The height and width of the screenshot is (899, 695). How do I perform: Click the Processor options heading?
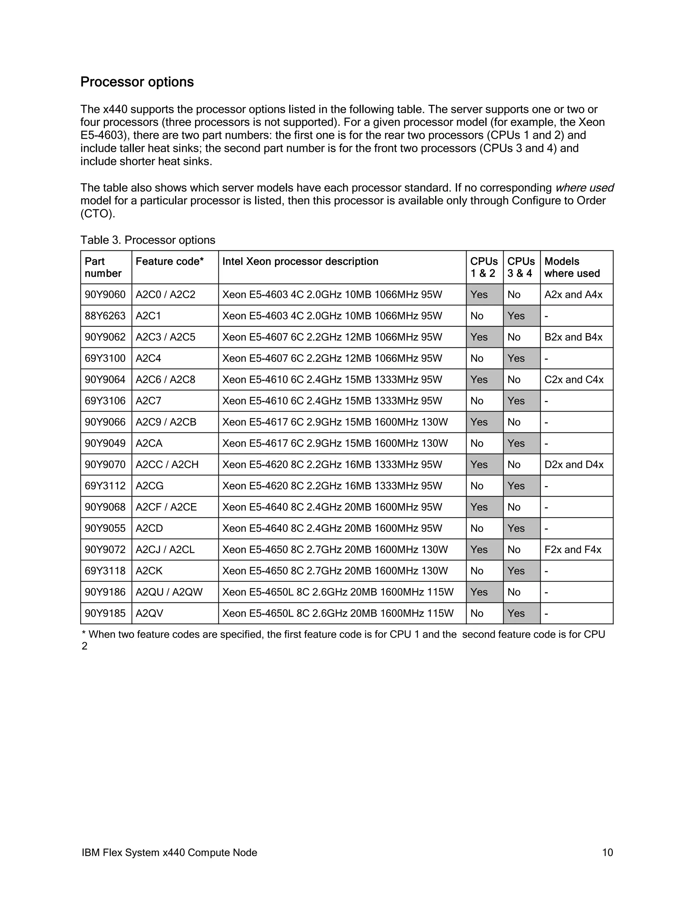(137, 82)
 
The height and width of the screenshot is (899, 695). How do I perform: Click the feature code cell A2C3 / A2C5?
(166, 337)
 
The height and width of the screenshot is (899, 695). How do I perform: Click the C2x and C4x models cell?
(574, 380)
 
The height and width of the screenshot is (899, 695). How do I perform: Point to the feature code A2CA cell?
(149, 443)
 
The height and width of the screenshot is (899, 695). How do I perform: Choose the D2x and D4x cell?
(574, 464)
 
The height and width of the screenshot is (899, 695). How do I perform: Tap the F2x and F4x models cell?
(573, 550)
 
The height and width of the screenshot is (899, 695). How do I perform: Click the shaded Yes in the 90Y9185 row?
(516, 613)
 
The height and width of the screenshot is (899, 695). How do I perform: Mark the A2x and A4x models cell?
(573, 295)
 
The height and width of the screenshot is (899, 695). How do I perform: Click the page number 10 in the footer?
(607, 853)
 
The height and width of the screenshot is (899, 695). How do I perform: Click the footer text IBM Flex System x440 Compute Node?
(169, 853)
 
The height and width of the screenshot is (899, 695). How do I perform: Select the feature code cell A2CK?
(149, 571)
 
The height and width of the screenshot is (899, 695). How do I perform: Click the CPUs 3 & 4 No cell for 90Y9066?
(514, 422)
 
